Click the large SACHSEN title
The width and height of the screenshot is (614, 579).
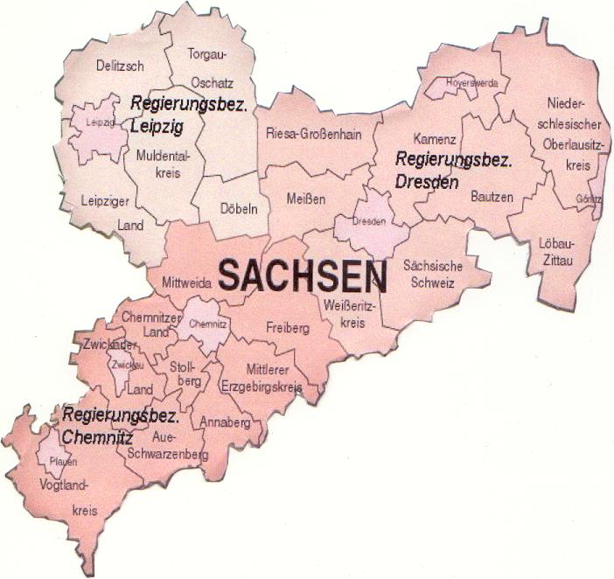302,276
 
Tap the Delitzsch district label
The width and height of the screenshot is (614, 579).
120,65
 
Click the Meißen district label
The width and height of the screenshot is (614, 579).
306,199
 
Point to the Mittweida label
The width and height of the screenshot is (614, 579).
185,283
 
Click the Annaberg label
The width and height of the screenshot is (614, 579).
225,423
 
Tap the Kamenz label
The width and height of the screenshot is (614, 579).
435,140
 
